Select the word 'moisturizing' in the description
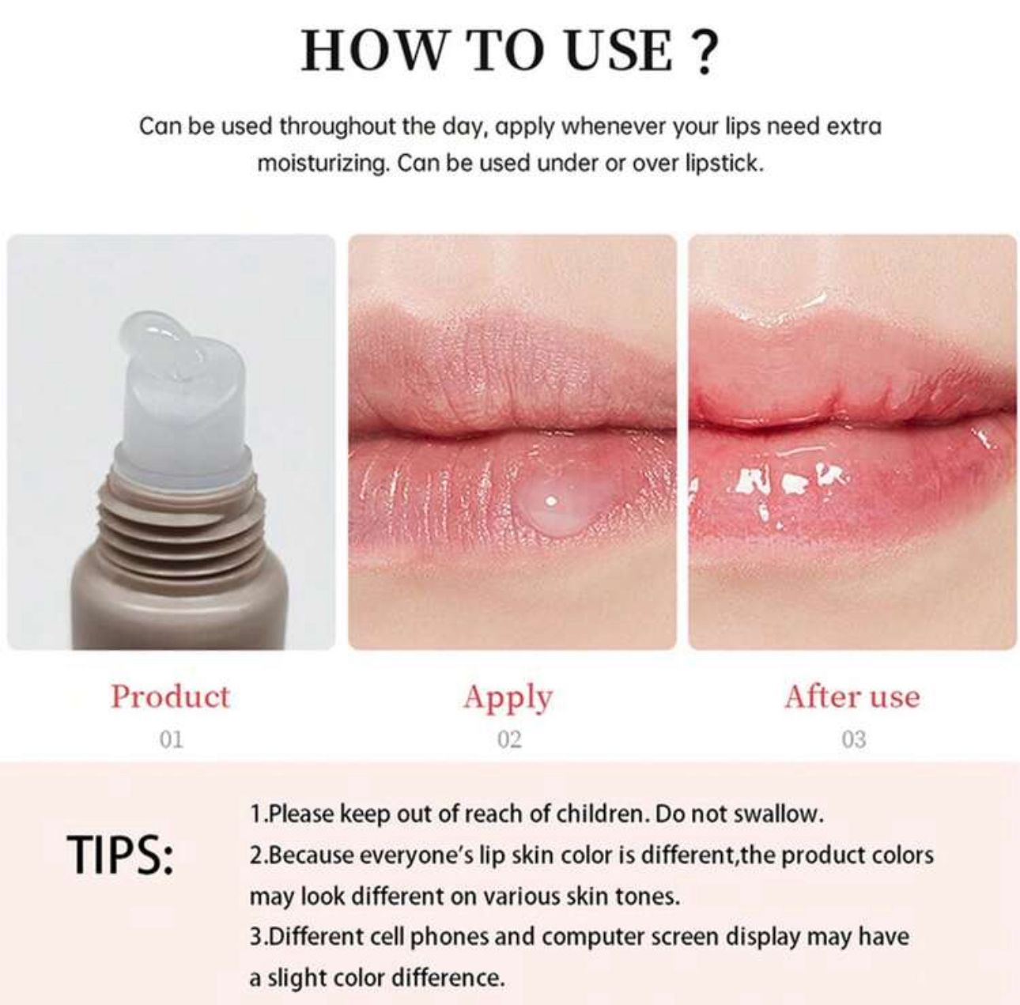(323, 164)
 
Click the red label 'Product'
(170, 696)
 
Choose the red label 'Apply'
(508, 697)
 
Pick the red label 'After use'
(852, 697)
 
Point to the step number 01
(170, 739)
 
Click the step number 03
(853, 739)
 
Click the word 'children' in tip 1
(600, 814)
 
